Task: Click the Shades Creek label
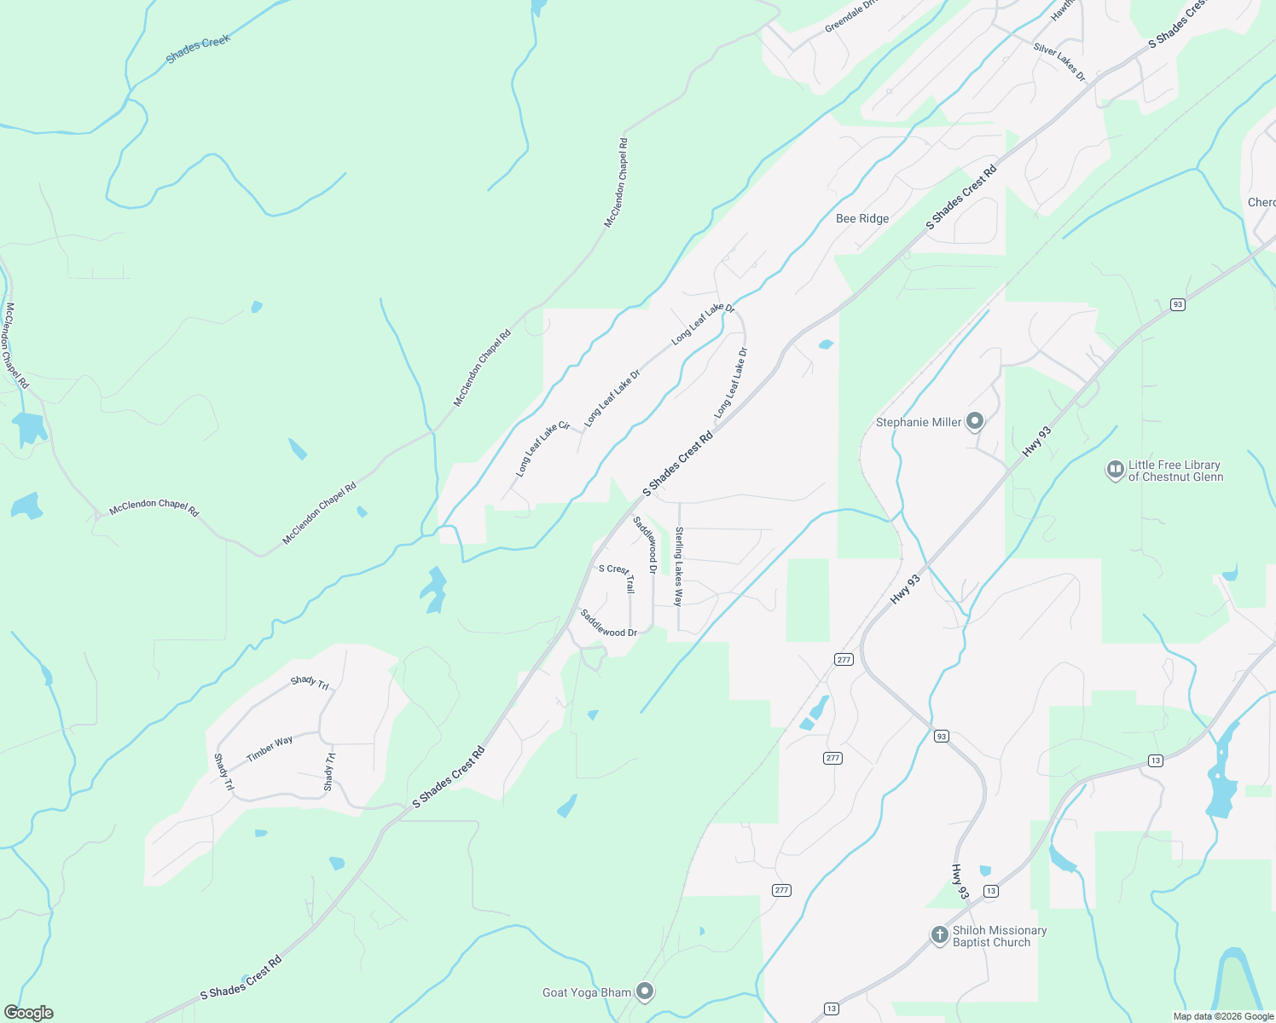[198, 49]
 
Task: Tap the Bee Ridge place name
[862, 218]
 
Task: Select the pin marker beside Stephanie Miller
[976, 421]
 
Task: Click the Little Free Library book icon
[1115, 470]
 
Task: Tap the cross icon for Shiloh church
[939, 935]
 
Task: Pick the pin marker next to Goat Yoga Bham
[646, 991]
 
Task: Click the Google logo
[28, 1013]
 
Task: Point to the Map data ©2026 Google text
[1223, 1016]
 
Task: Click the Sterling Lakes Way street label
[679, 566]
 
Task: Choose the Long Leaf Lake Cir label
[542, 448]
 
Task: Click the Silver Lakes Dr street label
[1059, 62]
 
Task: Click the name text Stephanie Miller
[918, 422]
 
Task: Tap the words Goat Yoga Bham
[587, 992]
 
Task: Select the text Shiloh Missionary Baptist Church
[999, 936]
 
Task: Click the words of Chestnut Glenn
[1175, 477]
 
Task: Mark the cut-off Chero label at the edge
[1261, 202]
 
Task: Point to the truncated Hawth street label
[1063, 11]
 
